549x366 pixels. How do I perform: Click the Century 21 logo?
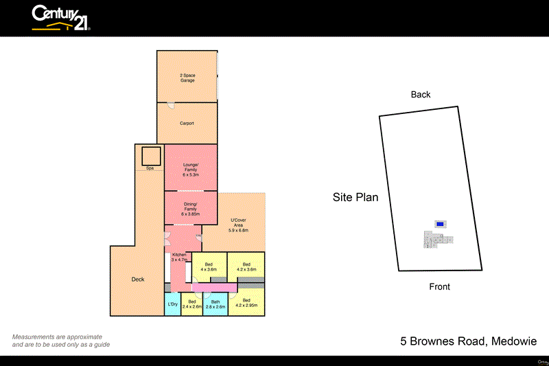61,18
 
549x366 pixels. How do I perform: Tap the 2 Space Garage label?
187,78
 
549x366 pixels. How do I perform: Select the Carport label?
187,124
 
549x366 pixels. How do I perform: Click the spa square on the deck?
152,156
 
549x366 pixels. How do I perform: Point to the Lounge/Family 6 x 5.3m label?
190,168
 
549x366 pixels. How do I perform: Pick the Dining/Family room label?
190,208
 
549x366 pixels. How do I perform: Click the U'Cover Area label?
238,225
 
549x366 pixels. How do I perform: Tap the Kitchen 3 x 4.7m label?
178,258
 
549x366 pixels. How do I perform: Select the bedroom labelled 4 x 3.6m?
208,267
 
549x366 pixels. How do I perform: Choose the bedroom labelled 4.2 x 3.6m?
246,267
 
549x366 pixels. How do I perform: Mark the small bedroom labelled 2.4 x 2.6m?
192,304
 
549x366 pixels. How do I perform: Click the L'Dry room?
172,304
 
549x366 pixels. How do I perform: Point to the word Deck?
138,279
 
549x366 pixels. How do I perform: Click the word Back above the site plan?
421,95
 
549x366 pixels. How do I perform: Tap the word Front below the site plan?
439,287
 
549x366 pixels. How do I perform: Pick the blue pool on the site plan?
440,224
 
